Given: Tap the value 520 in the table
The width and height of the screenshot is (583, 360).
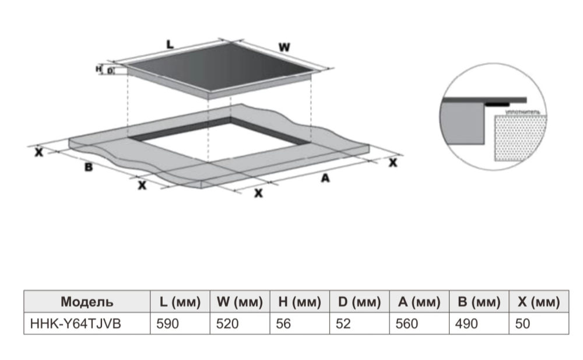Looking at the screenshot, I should [227, 323].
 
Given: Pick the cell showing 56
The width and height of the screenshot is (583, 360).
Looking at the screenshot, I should [284, 323].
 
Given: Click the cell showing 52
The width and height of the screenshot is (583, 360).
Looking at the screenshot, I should [344, 323].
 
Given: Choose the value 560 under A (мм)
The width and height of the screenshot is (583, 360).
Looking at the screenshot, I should [407, 323].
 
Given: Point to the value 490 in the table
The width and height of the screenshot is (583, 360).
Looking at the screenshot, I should [468, 323].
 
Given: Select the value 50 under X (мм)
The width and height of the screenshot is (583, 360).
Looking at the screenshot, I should [523, 323].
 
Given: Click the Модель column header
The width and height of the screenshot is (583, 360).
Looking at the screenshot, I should [87, 302].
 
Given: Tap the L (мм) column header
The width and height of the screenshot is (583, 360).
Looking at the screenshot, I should [180, 302].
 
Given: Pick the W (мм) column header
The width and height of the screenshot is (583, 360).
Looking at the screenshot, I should [240, 302].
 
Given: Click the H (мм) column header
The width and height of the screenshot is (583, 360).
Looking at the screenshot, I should [300, 302].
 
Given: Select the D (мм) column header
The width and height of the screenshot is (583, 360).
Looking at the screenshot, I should [359, 302].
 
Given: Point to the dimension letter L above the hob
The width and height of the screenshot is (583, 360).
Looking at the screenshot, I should [170, 44].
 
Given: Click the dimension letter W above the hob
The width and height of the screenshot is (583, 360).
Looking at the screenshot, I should [284, 47].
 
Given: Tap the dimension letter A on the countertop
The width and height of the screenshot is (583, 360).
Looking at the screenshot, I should [325, 179].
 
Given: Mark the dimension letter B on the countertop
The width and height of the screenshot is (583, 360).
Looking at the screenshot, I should [89, 167].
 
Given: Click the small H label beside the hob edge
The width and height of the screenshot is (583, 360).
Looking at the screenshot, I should [99, 69].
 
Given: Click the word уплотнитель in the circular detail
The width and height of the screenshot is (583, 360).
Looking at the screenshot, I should [522, 110].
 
